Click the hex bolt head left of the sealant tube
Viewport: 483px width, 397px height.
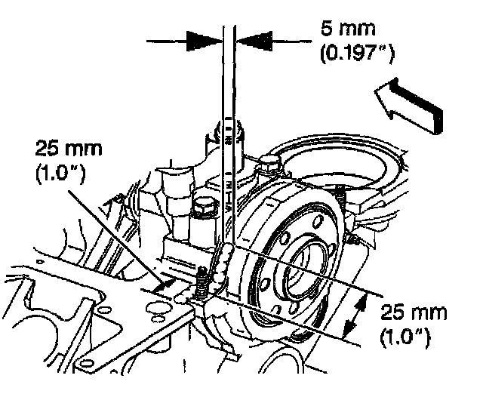[202, 205]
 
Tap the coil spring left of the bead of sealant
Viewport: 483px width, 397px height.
[202, 284]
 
